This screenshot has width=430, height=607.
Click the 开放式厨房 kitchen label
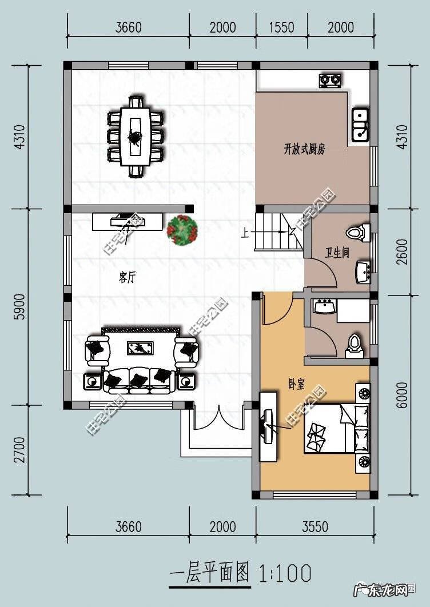point(304,149)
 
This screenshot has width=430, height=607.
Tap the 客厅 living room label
point(127,277)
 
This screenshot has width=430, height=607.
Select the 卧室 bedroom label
point(296,385)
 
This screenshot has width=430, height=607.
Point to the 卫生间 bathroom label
point(337,253)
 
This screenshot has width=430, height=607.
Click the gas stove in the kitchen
point(331,80)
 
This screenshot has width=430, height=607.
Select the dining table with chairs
point(135,137)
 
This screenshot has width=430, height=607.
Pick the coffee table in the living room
point(141,348)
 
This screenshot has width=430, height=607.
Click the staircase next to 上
point(279,232)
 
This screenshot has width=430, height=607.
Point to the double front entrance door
point(219,417)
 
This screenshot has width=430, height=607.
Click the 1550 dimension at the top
point(282,27)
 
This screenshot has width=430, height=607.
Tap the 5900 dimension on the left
point(20,306)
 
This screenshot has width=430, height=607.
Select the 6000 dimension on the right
point(403,395)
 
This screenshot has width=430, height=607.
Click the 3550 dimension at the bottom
point(315,527)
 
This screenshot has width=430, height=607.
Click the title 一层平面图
point(210,573)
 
